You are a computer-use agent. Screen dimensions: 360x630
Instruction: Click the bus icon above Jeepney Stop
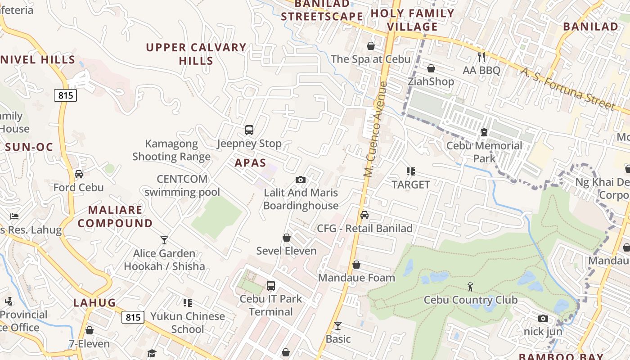[249, 130]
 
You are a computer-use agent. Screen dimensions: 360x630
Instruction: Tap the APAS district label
[250, 163]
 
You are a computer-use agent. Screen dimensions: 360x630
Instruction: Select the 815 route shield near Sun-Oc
[66, 95]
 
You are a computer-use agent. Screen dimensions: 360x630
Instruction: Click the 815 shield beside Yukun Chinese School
[133, 317]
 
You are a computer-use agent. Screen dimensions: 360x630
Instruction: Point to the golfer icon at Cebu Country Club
[470, 286]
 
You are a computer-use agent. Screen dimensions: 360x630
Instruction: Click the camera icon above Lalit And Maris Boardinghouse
[301, 180]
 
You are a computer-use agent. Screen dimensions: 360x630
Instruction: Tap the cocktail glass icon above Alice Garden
[164, 240]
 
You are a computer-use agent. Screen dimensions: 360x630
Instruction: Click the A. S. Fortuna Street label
[568, 89]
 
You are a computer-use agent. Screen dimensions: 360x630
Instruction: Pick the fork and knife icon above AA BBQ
[481, 57]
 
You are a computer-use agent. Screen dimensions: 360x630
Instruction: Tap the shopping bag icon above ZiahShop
[431, 68]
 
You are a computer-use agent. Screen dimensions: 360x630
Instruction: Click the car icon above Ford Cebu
[79, 174]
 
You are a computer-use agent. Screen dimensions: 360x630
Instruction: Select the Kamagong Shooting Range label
[171, 150]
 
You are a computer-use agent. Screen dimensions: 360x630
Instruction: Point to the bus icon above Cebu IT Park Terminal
[270, 286]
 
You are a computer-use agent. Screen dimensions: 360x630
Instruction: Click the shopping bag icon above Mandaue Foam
[356, 265]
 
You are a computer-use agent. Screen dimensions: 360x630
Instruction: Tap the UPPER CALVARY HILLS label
[196, 54]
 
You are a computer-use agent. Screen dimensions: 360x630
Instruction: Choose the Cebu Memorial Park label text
[484, 152]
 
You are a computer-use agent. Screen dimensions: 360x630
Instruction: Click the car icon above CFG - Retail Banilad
[364, 215]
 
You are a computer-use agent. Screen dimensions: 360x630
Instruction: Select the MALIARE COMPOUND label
[115, 216]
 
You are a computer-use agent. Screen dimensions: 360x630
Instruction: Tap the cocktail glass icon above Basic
[338, 326]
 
